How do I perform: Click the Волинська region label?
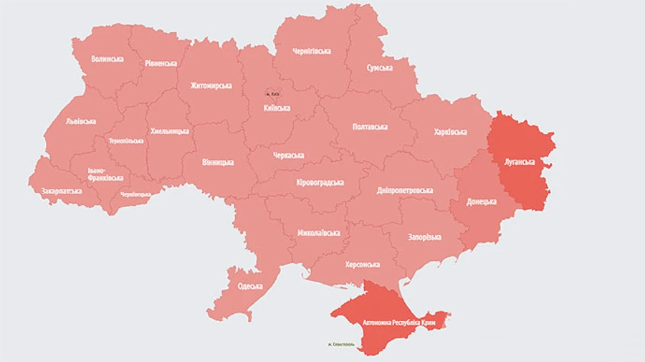[x=107, y=59]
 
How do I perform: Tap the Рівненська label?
[x=161, y=63]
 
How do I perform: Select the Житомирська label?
[x=211, y=86]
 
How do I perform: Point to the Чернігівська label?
[x=312, y=52]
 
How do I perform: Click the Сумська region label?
[x=379, y=67]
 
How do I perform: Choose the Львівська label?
[x=80, y=121]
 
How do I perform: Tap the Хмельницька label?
[x=170, y=131]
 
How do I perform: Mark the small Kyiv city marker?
[x=273, y=93]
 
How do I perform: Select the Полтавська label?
[x=370, y=127]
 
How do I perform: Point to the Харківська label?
[x=450, y=132]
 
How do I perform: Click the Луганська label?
[x=520, y=162]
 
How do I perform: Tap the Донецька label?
[x=481, y=201]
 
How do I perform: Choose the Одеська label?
[x=250, y=286]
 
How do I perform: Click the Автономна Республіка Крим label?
[x=391, y=323]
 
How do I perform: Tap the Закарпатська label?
[x=62, y=191]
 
